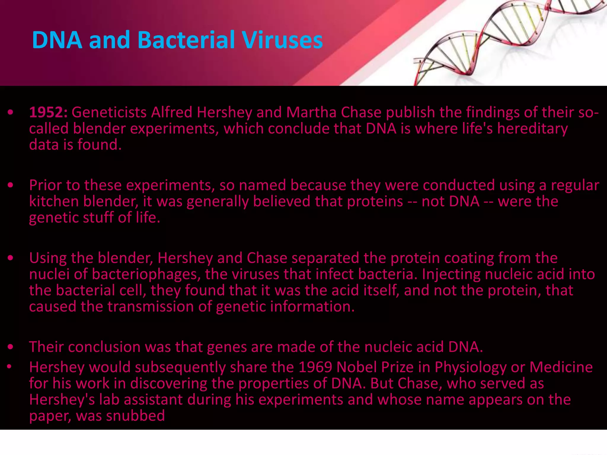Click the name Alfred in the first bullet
pos(172,112)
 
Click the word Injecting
pos(451,274)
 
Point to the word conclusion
pos(104,347)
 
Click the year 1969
pos(315,367)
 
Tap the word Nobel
pos(357,367)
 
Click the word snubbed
pos(135,416)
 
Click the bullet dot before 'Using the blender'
pos(11,258)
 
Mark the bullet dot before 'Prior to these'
pos(11,185)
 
